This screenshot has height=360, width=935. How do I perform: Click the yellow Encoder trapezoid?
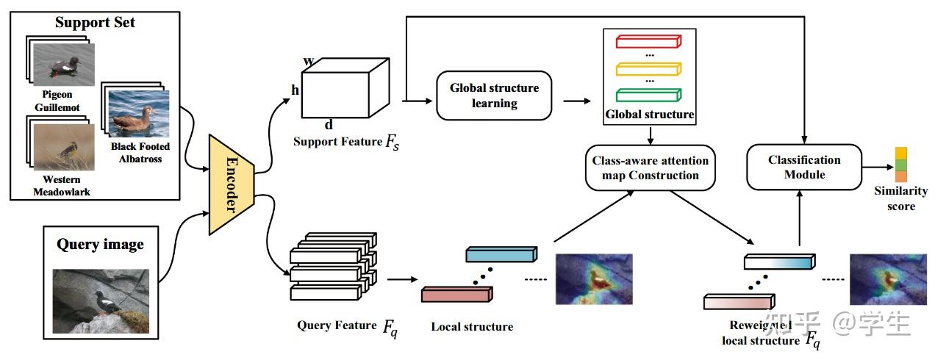(x=231, y=184)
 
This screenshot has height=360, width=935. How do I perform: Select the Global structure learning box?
(x=494, y=96)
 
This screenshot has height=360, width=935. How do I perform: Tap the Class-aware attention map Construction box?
(x=650, y=168)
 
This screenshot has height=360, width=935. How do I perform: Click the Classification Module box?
(x=804, y=168)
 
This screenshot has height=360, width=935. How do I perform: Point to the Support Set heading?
(x=95, y=23)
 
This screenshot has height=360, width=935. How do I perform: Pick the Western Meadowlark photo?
(x=65, y=148)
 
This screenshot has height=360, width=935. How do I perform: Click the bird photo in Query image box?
(x=101, y=300)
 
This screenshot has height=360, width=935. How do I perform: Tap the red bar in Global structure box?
(x=649, y=41)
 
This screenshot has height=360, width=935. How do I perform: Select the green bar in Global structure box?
(x=649, y=96)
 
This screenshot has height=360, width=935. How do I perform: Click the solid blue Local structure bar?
(x=498, y=254)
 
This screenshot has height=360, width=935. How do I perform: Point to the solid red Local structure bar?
(x=456, y=294)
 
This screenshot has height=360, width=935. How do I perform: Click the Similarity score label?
(x=900, y=198)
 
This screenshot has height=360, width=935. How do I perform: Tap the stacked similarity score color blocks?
(x=900, y=165)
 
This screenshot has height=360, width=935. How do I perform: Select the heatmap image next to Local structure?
(x=593, y=279)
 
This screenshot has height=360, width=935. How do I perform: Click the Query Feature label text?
(x=337, y=325)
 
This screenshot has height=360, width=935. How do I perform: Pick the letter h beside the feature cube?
(x=295, y=90)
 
